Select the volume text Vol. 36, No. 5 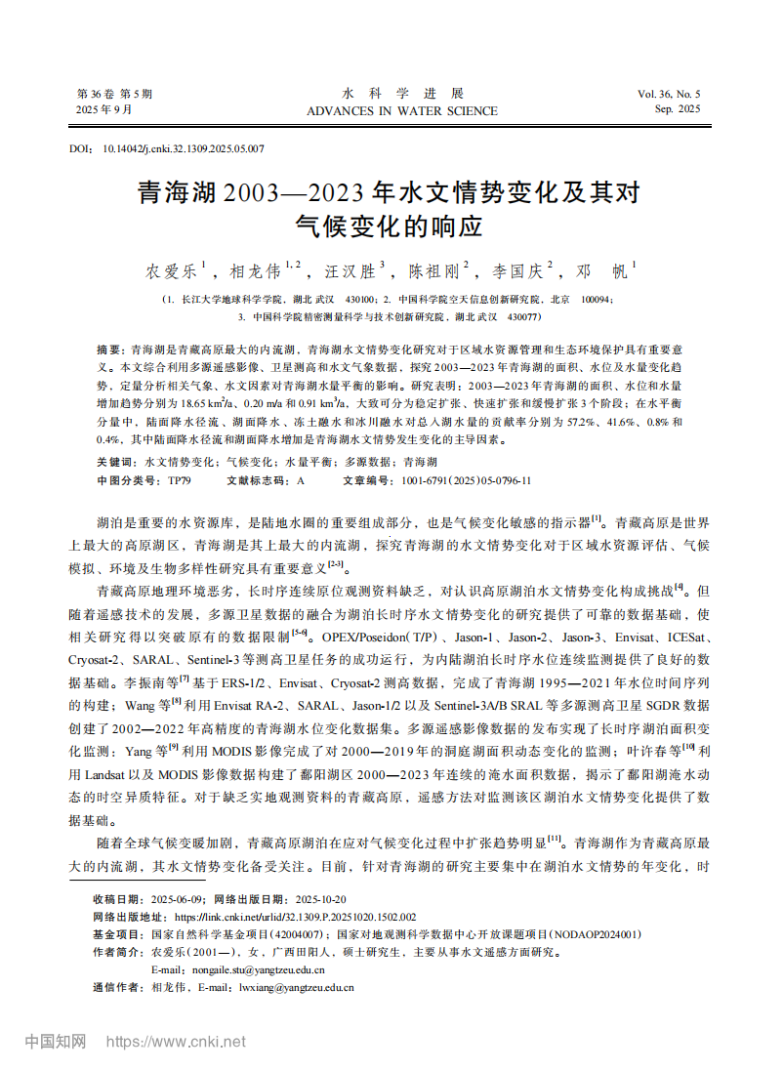click(669, 94)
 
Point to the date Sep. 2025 click(678, 109)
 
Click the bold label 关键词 click(117, 461)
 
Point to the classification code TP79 click(180, 481)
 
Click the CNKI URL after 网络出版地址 click(295, 917)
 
